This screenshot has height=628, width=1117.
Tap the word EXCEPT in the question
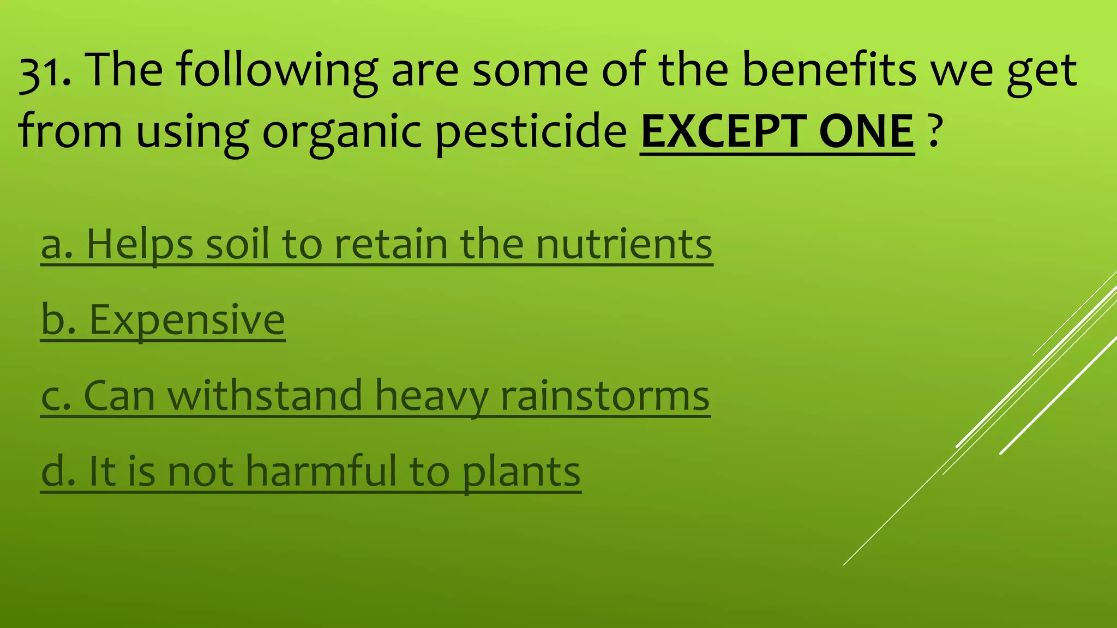pyautogui.click(x=723, y=132)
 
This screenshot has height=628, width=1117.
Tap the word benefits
pyautogui.click(x=829, y=71)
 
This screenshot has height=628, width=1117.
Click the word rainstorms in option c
pyautogui.click(x=605, y=396)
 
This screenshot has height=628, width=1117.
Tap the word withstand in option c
pyautogui.click(x=265, y=396)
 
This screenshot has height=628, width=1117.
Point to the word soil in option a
pyautogui.click(x=237, y=244)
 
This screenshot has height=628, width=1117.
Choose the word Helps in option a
pyautogui.click(x=140, y=244)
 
